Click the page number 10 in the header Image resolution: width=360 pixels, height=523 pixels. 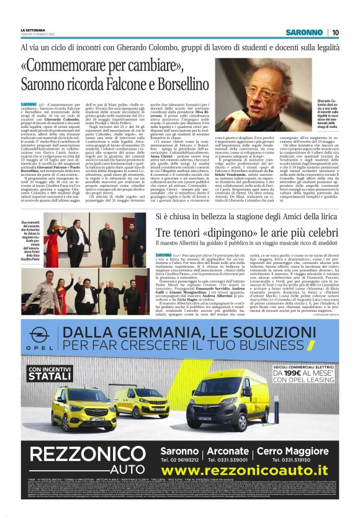tap(335, 32)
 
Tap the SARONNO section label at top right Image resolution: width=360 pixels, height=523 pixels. tap(304, 32)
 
